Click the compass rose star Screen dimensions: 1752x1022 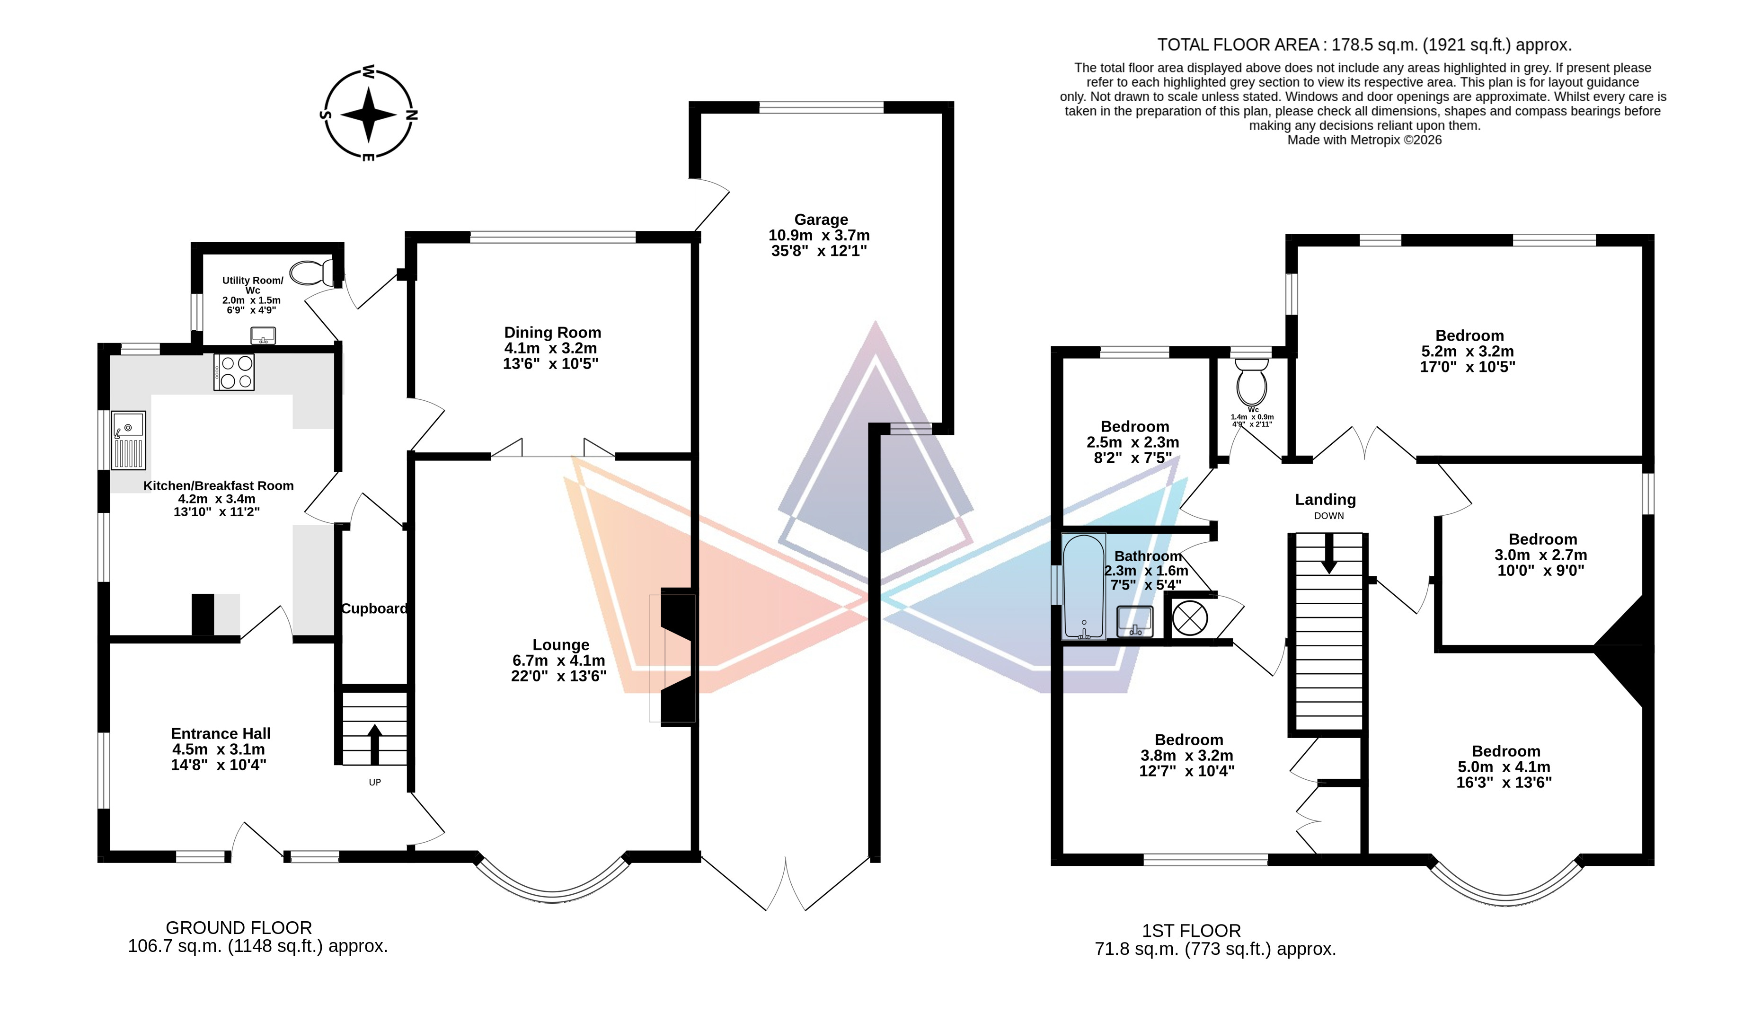[x=369, y=115]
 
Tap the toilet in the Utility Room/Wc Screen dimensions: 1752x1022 [x=312, y=273]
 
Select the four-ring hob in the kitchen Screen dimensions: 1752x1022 [x=234, y=372]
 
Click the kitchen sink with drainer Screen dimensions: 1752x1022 [x=129, y=440]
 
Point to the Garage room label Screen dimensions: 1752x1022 [x=821, y=220]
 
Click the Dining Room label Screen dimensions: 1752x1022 [x=553, y=332]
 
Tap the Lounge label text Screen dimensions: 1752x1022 [x=560, y=644]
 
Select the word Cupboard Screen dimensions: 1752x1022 [x=374, y=608]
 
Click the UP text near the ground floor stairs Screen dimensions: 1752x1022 [x=375, y=782]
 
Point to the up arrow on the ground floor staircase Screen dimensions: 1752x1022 [x=374, y=744]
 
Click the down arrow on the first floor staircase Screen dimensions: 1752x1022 [x=1328, y=554]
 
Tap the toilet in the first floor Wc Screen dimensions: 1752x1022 [x=1251, y=379]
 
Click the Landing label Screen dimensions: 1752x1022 [x=1325, y=499]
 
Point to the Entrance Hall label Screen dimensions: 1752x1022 [x=221, y=733]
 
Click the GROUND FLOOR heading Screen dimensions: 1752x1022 [x=239, y=927]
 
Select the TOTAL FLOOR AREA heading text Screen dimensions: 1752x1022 [x=1238, y=45]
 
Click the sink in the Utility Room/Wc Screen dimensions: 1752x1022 [x=263, y=336]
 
